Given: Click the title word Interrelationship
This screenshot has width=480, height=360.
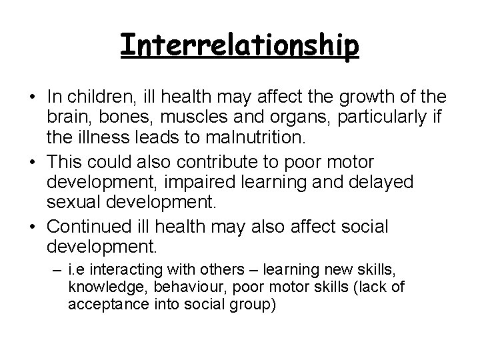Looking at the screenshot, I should (240, 45).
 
